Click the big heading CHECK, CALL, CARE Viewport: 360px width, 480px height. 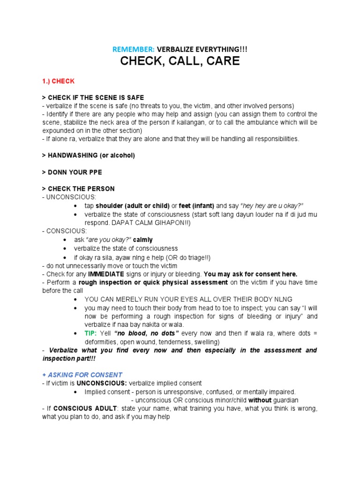pos(180,61)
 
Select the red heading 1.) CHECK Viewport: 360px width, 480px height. pos(58,81)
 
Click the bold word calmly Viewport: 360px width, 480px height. pos(143,240)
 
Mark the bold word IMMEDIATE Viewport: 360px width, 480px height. pos(106,274)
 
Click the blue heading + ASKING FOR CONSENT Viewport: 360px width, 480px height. pos(82,375)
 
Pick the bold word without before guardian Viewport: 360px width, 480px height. pos(260,400)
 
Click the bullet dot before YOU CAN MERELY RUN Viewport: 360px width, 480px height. pos(76,299)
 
